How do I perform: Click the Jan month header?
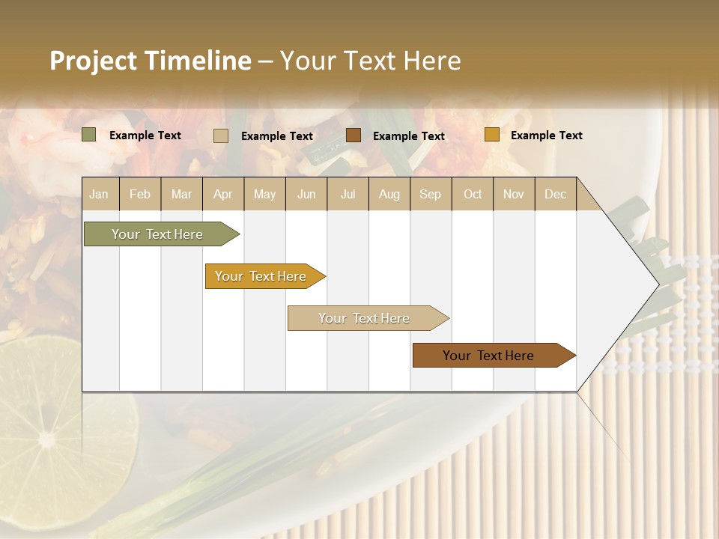(x=99, y=194)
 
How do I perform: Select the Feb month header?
(x=140, y=194)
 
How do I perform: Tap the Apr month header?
(x=222, y=194)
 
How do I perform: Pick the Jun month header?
(x=306, y=194)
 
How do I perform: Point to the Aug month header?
(x=389, y=194)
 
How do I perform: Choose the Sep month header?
(x=430, y=194)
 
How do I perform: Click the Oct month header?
(x=473, y=194)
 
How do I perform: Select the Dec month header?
(x=555, y=194)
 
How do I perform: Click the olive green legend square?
(x=88, y=135)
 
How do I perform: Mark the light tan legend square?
(x=220, y=135)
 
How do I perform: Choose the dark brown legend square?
(x=354, y=135)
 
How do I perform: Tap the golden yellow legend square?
(x=491, y=135)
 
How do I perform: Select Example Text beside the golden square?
(x=546, y=135)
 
